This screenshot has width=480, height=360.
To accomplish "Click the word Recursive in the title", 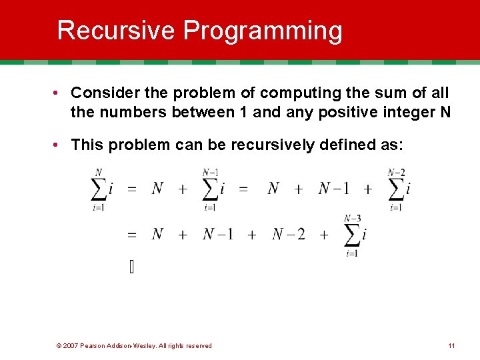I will point(117,31).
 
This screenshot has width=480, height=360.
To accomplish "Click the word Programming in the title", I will point(263,31).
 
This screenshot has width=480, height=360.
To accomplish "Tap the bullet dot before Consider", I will point(60,93).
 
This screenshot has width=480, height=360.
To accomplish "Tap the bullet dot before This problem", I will point(60,145).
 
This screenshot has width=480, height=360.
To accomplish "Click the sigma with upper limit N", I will point(99,189).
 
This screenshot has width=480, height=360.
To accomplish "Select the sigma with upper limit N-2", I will point(396,189).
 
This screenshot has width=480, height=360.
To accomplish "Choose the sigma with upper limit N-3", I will point(352,235).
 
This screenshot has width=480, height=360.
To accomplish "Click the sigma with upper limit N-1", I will point(210,189).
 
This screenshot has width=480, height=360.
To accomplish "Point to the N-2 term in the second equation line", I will point(288,234).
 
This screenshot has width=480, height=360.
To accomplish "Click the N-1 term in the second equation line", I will point(217,234).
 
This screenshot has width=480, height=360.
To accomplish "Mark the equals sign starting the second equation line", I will point(132,235).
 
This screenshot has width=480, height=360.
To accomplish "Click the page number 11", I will point(451,345).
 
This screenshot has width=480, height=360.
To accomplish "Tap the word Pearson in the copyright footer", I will point(94,345).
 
